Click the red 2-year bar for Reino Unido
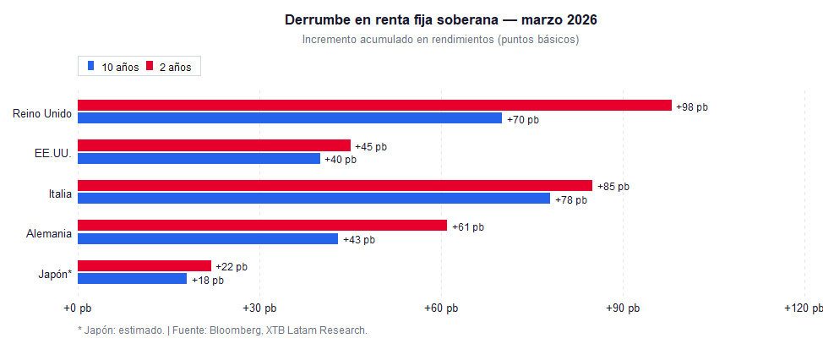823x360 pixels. (x=374, y=106)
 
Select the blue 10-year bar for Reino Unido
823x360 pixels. (x=290, y=118)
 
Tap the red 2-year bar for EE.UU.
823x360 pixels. (x=214, y=145)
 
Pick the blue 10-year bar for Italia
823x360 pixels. (x=313, y=199)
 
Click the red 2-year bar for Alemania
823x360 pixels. (x=262, y=226)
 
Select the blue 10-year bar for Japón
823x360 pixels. (x=132, y=279)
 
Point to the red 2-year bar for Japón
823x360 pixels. (x=144, y=265)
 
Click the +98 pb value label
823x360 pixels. (x=692, y=106)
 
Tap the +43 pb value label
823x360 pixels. (x=358, y=239)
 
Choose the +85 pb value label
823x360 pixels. (x=613, y=187)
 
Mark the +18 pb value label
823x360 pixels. (x=207, y=280)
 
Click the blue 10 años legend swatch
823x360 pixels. (x=90, y=66)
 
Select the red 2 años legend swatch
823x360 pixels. (x=149, y=66)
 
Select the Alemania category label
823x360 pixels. (x=48, y=233)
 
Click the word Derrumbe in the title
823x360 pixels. (x=315, y=19)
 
